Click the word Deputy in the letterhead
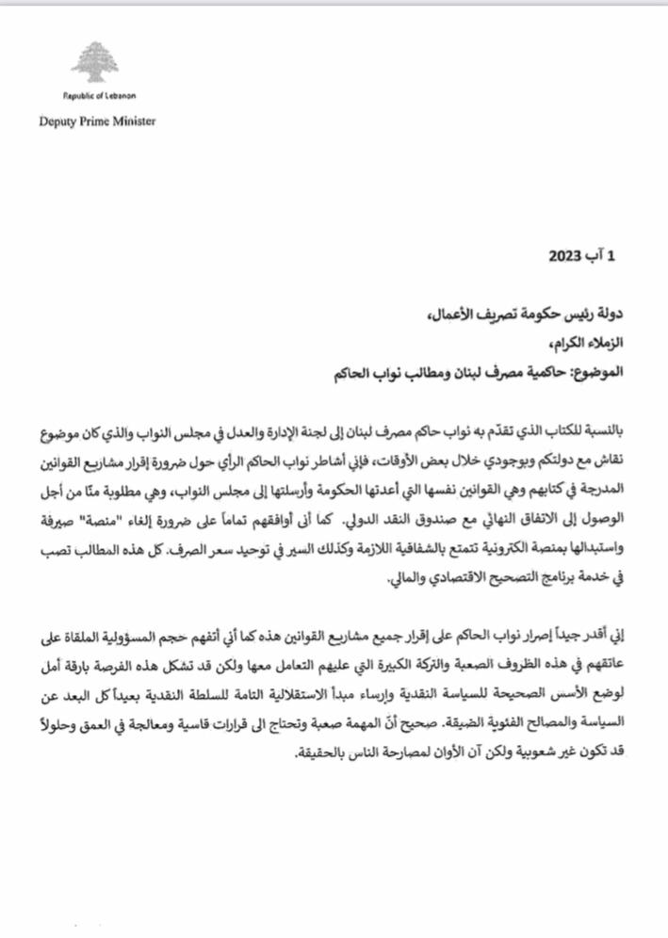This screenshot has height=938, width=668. pos(58,121)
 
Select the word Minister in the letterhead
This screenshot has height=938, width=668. pos(134,121)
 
